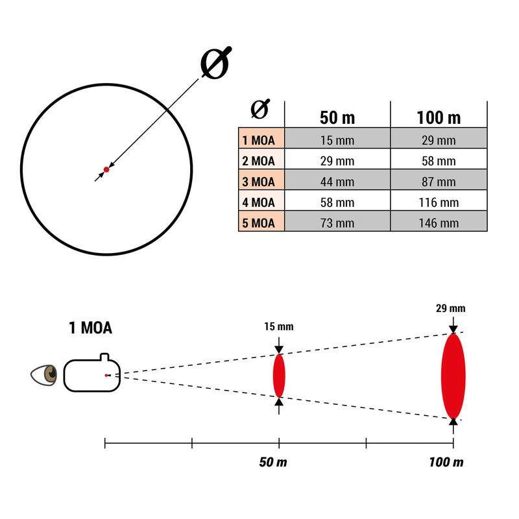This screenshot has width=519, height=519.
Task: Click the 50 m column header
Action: pos(337,118)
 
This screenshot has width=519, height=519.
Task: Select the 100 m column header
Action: pos(439,118)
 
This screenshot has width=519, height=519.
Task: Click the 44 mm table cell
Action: pos(337,182)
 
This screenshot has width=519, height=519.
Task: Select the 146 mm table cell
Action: pos(439,223)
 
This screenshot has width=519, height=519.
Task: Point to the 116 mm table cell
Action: pos(439,202)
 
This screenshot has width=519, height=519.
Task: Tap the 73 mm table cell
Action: pos(337,223)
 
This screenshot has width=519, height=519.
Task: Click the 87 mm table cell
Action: pos(439,182)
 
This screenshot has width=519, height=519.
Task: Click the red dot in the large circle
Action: pos(106,169)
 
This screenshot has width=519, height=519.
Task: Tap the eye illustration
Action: pos(46,374)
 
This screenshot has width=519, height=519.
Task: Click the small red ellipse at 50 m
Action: pos(279,376)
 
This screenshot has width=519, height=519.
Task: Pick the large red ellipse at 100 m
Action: pos(453,376)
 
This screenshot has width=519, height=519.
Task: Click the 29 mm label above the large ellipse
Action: pos(452,309)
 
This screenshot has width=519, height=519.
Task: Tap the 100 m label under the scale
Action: pos(446,463)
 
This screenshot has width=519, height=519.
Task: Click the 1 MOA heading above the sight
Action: pos(90,328)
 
